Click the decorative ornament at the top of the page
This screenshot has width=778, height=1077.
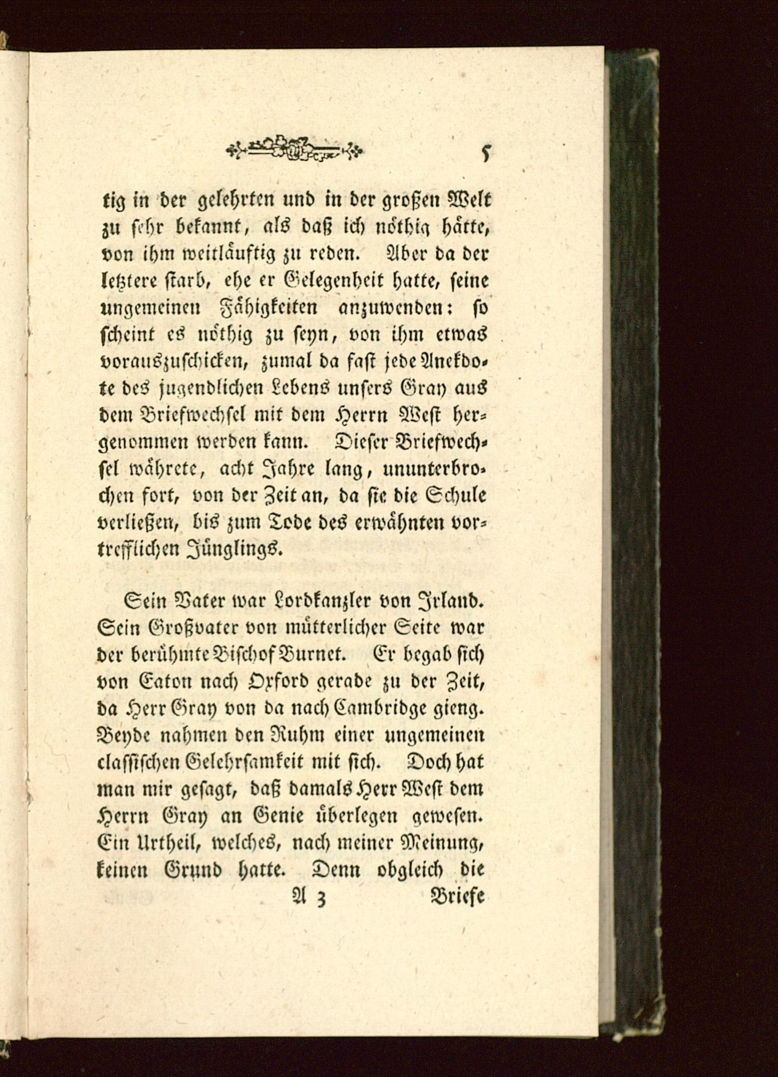[295, 149]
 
